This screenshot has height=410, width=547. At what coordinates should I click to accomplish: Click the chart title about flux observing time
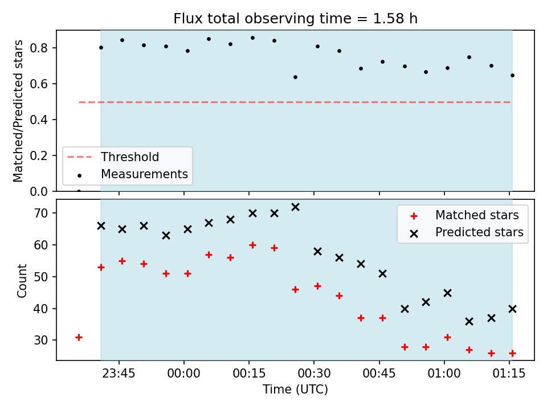pos(295,18)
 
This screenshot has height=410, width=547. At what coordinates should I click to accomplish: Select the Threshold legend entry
pos(113,157)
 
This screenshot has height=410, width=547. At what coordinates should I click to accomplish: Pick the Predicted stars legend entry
pos(467,232)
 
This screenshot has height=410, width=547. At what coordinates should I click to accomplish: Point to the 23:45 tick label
pos(119,374)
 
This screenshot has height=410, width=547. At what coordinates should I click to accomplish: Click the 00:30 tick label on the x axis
pos(314,374)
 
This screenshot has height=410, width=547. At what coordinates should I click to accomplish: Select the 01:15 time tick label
pos(509,374)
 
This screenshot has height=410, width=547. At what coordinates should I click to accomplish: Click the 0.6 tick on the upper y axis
pos(39,84)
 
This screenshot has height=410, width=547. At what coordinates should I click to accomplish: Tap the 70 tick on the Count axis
pos(40,213)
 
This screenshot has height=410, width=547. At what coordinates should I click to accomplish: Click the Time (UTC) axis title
pos(295,389)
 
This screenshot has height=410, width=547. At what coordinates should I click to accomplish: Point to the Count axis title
pos(22,281)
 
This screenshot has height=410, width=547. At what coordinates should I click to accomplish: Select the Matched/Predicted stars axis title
pos(18,111)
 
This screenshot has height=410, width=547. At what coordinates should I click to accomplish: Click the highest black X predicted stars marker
pos(295,207)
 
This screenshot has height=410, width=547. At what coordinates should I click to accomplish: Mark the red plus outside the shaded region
pos(79,338)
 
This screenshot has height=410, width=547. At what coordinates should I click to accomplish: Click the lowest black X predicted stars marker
pos(469,321)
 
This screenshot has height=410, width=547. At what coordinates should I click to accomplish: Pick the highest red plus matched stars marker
pos(252,245)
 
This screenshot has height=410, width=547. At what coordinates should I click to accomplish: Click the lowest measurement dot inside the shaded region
pos(295,77)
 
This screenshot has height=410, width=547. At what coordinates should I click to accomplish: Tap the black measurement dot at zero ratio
pos(79,191)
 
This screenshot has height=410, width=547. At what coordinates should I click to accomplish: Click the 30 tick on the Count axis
pos(40,341)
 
